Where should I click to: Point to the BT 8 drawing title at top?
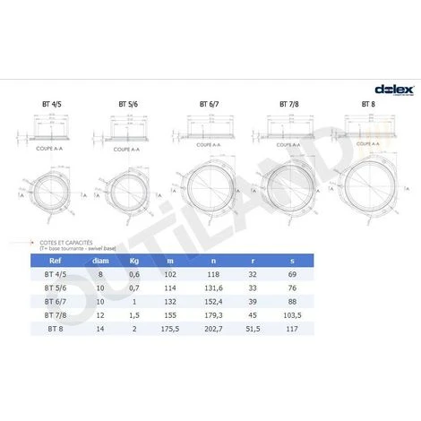(367, 104)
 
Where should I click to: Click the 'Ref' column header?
(54, 262)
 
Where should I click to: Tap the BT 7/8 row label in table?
(54, 316)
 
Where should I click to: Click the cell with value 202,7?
(240, 330)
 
